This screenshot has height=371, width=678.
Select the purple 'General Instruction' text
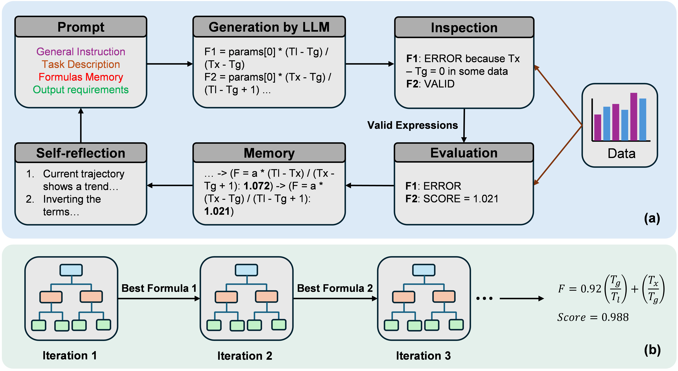coord(81,52)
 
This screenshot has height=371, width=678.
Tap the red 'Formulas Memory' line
coord(81,77)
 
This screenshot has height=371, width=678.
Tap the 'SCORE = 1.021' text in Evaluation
coord(461,199)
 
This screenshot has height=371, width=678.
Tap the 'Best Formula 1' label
coord(159,288)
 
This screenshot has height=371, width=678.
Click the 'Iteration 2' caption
coord(245,356)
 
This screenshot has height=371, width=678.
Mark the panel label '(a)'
coord(652,218)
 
